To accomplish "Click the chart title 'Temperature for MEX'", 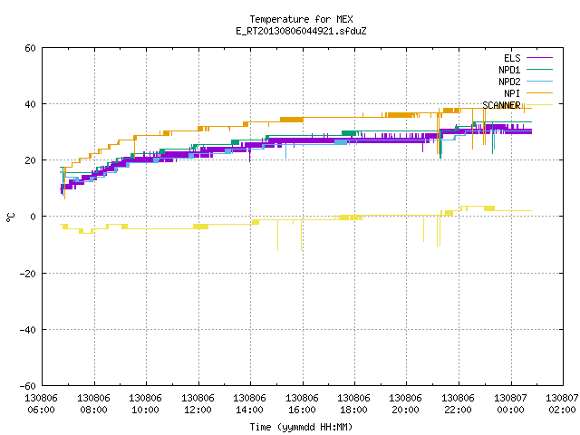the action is [x=301, y=19].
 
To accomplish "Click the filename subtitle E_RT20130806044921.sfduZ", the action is [x=301, y=31].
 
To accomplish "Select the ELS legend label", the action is [x=512, y=58].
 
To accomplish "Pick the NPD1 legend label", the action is [x=509, y=70].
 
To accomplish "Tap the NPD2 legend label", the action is [x=509, y=82].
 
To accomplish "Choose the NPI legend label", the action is [x=512, y=93].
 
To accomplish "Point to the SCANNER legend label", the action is [x=501, y=105].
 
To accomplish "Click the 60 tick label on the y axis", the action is [x=30, y=48].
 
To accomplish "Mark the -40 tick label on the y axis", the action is [x=28, y=330].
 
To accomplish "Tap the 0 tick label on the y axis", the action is [x=33, y=217].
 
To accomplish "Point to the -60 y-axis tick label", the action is [x=28, y=386].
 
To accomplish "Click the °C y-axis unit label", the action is [x=11, y=217].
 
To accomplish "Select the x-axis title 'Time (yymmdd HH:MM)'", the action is [x=301, y=427].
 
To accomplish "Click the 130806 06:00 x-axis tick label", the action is [x=42, y=404].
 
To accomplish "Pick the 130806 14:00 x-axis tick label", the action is [x=250, y=404].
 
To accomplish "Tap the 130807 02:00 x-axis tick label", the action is [x=562, y=404].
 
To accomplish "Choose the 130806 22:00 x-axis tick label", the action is [x=458, y=404].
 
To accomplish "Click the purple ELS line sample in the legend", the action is [x=539, y=58].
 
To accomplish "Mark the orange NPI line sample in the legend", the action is [x=539, y=93].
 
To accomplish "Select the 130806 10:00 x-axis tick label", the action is [x=145, y=404].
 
